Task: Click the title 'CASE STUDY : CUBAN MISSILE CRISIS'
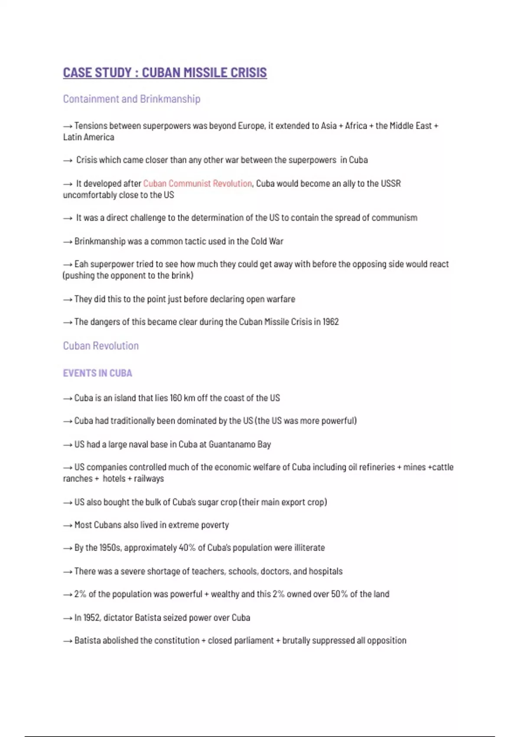165,72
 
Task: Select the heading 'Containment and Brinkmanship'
131,99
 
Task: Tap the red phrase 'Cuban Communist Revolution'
197,183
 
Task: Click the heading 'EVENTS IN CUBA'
97,373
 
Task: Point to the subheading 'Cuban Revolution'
101,346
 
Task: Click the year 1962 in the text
331,322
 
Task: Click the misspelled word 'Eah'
81,264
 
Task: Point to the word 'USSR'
390,183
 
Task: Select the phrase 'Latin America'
88,137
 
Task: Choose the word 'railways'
149,479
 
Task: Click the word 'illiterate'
309,548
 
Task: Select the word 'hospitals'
326,571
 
